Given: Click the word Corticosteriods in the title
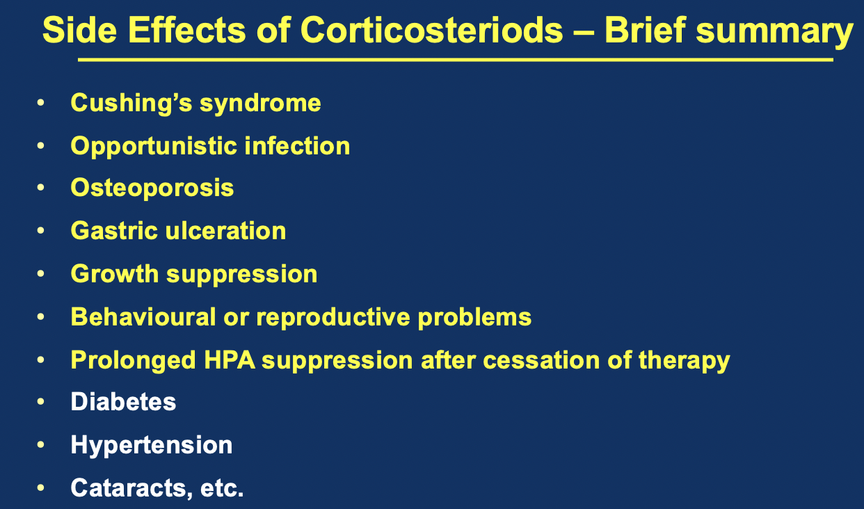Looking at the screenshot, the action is pyautogui.click(x=431, y=30).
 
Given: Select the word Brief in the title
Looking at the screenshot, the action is pyautogui.click(x=645, y=29).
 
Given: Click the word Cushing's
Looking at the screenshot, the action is pyautogui.click(x=131, y=104).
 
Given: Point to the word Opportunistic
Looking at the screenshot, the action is pyautogui.click(x=154, y=147).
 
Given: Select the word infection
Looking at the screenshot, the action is pyautogui.click(x=297, y=146).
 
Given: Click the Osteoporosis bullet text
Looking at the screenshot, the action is pyautogui.click(x=152, y=188).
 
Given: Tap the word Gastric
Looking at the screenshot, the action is pyautogui.click(x=114, y=231).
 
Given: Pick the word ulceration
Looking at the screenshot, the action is pyautogui.click(x=225, y=231).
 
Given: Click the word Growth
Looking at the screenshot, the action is pyautogui.click(x=115, y=274).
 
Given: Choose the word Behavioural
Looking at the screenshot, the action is pyautogui.click(x=143, y=317).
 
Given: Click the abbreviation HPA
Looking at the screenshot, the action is pyautogui.click(x=229, y=360).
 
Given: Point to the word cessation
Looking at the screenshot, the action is pyautogui.click(x=541, y=360).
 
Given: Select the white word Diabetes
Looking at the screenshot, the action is pyautogui.click(x=123, y=402).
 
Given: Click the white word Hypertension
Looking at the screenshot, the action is pyautogui.click(x=152, y=446).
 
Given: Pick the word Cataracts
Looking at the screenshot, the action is pyautogui.click(x=131, y=488).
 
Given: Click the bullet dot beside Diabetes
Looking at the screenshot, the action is pyautogui.click(x=40, y=402).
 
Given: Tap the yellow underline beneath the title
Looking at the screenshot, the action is pyautogui.click(x=456, y=60).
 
